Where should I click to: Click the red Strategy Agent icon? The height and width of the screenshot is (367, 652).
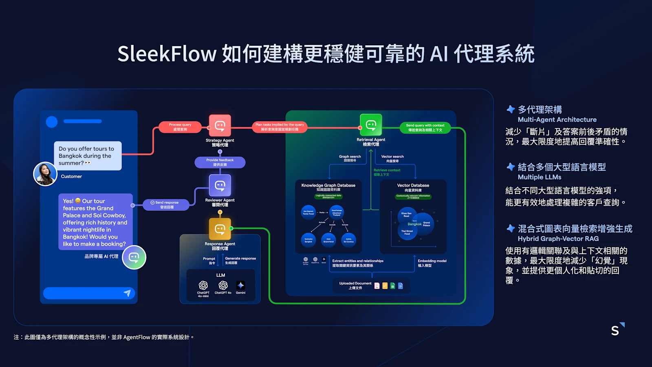(220, 126)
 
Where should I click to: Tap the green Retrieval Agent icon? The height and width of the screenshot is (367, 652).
(371, 125)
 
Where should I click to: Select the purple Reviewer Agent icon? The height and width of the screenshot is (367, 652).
(220, 186)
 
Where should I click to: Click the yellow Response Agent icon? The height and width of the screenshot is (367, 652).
(220, 229)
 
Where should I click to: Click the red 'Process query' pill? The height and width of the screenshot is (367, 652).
(180, 127)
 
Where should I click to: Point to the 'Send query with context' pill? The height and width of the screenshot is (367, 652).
(425, 128)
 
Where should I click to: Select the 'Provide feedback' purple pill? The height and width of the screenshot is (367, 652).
(220, 162)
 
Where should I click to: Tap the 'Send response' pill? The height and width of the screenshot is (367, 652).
(166, 205)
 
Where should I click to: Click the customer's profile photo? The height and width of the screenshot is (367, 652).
(45, 174)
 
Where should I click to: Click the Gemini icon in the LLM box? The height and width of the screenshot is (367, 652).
(240, 285)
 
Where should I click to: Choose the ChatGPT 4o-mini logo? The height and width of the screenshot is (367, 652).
(203, 285)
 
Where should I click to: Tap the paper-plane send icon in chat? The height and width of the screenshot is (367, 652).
(127, 293)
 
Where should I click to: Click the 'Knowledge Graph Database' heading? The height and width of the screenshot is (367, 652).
(328, 185)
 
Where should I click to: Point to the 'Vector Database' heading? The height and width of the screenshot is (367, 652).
(413, 185)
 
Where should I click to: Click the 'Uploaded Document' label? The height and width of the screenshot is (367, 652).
(355, 283)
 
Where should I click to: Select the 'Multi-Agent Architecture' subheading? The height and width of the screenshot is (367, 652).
(557, 119)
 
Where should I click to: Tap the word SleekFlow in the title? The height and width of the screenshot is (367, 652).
(167, 54)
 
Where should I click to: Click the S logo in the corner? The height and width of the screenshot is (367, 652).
(617, 329)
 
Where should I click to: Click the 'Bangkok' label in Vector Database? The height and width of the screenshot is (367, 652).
(414, 224)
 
